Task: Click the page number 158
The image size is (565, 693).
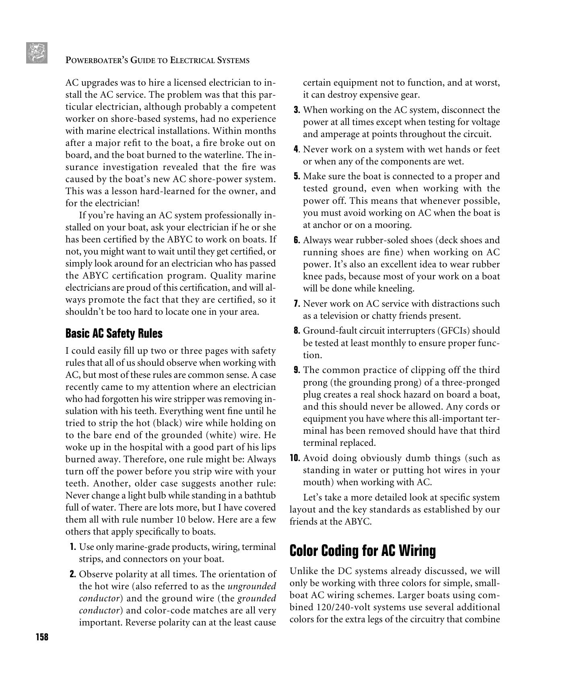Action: pos(42,637)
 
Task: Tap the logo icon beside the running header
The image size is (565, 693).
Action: pos(37,53)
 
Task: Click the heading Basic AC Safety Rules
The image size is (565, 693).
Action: pos(114,333)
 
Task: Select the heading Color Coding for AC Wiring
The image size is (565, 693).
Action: pos(363,550)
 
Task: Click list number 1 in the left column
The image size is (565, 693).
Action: pos(73,547)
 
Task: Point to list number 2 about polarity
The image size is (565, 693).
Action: pos(73,574)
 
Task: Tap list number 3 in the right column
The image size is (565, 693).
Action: pos(297,110)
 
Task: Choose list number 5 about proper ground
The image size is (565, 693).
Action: pos(297,176)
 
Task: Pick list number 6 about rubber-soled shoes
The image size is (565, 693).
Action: pos(297,240)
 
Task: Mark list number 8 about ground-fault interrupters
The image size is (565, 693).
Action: pos(297,331)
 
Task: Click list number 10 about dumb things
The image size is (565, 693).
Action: pos(295,458)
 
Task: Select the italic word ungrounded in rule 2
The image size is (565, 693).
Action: pos(252,586)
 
